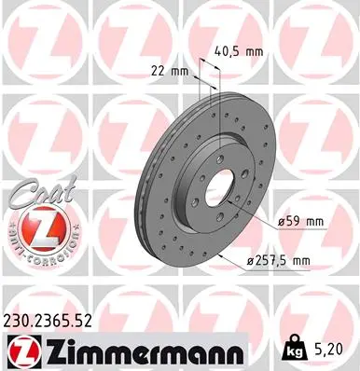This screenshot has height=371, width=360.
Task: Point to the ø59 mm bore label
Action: (300, 222)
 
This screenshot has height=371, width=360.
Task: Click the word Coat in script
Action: (35, 193)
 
